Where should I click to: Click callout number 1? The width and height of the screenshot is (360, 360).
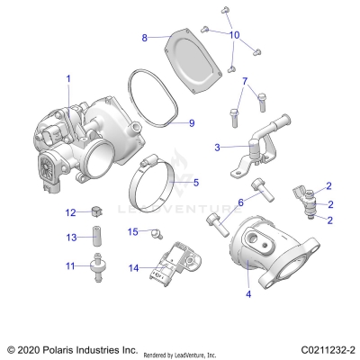pos(67,79)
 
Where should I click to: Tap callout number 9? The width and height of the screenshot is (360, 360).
pos(190,122)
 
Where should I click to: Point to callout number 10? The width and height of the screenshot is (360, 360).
pos(235,35)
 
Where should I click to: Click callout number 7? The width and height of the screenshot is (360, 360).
pos(244,81)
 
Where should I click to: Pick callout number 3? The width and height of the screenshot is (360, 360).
pos(216,146)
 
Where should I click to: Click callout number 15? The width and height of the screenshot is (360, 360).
pos(132,232)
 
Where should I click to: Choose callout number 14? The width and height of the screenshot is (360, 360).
pos(132,267)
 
